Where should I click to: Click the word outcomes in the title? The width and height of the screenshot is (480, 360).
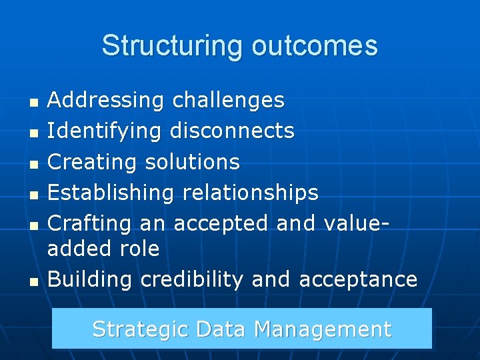click(315, 46)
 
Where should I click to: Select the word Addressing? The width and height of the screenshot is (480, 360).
click(106, 101)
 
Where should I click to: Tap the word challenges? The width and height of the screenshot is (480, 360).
click(229, 101)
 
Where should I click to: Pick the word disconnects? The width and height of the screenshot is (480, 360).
click(232, 131)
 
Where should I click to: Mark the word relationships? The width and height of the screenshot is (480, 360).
click(251, 193)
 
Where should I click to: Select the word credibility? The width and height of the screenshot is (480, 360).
click(192, 279)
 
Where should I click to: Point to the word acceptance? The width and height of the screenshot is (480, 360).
click(358, 279)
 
